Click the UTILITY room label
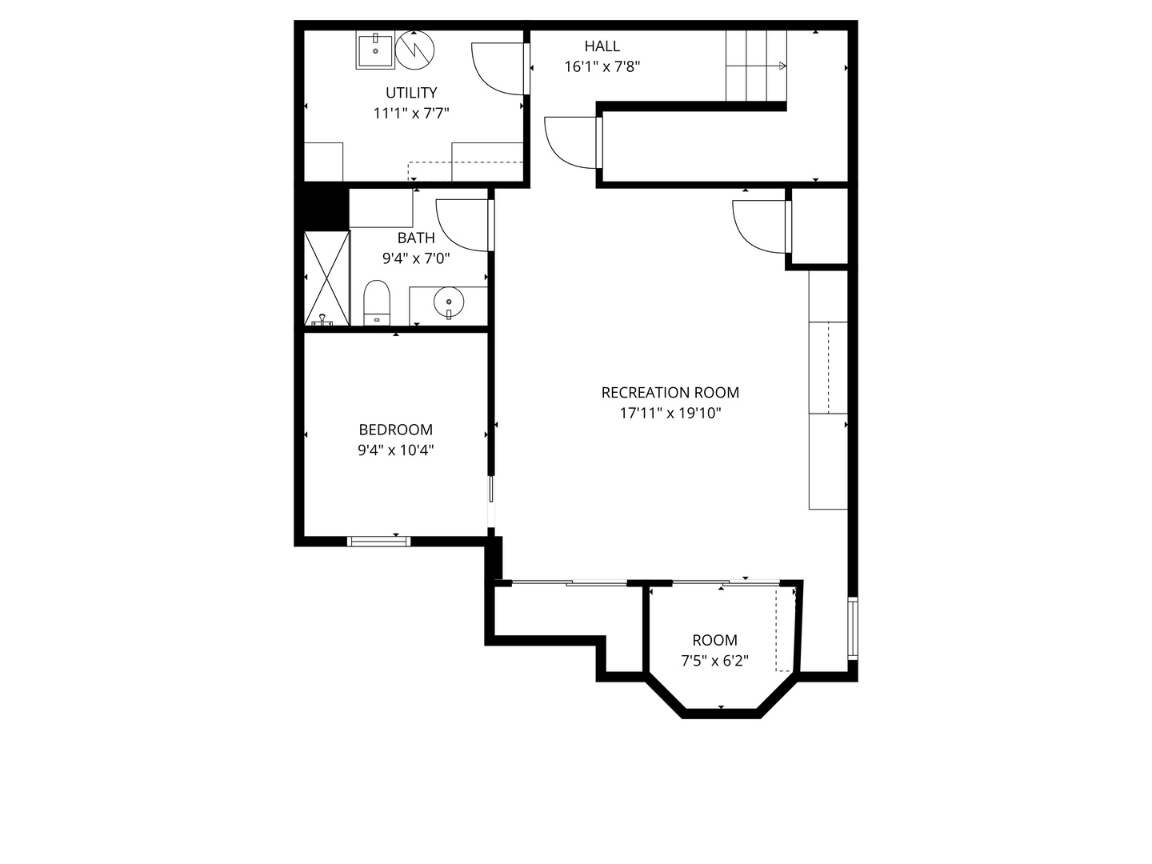411,93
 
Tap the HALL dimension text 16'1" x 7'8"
602,67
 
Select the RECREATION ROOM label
670,392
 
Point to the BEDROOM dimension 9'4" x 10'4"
396,450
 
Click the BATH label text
416,238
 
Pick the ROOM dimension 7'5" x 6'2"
714,661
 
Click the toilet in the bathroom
377,303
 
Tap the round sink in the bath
449,302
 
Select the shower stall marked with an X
327,278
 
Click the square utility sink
375,50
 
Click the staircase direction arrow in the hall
756,66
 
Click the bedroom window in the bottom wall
378,541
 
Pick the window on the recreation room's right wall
853,628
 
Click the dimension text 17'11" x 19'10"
670,414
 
